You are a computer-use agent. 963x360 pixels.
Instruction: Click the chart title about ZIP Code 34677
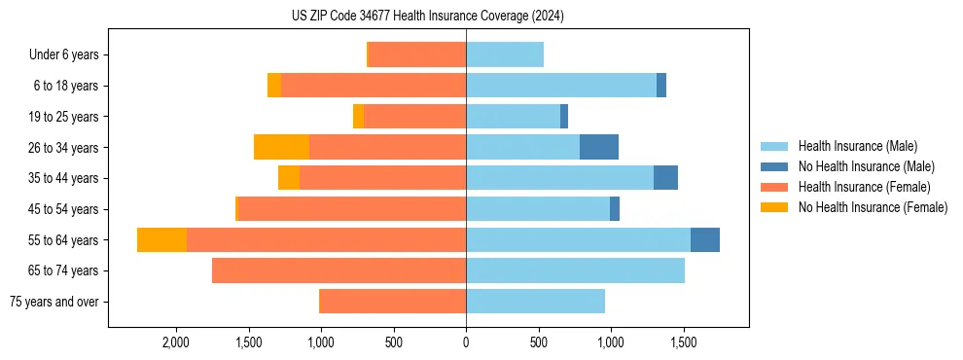[428, 17]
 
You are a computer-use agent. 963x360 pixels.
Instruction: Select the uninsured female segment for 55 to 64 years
[162, 239]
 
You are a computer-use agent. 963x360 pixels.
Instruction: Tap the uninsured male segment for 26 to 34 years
[599, 147]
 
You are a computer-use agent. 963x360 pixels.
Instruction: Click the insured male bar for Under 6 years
[505, 54]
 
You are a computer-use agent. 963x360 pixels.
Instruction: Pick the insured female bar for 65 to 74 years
[339, 270]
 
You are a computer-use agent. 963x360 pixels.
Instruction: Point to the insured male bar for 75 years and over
[535, 302]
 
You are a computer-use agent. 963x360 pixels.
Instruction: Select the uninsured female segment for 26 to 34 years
[282, 147]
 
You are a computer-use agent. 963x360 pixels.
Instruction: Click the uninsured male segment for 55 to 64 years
[705, 239]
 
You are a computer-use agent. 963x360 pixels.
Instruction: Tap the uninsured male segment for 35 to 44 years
[665, 178]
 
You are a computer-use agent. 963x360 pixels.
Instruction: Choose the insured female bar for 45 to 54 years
[352, 209]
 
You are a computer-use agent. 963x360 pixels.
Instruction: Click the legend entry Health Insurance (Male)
[857, 146]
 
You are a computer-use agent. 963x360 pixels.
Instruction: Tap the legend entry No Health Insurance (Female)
[873, 207]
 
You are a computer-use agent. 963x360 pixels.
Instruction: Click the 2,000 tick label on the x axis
[176, 343]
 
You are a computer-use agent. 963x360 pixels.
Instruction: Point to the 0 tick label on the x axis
[466, 343]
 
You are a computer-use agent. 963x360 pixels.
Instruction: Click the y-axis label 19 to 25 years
[64, 117]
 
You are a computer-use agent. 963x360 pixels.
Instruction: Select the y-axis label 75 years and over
[54, 302]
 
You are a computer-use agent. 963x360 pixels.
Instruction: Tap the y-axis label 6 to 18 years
[66, 86]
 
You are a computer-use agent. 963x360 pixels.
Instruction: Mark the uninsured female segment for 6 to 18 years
[274, 86]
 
